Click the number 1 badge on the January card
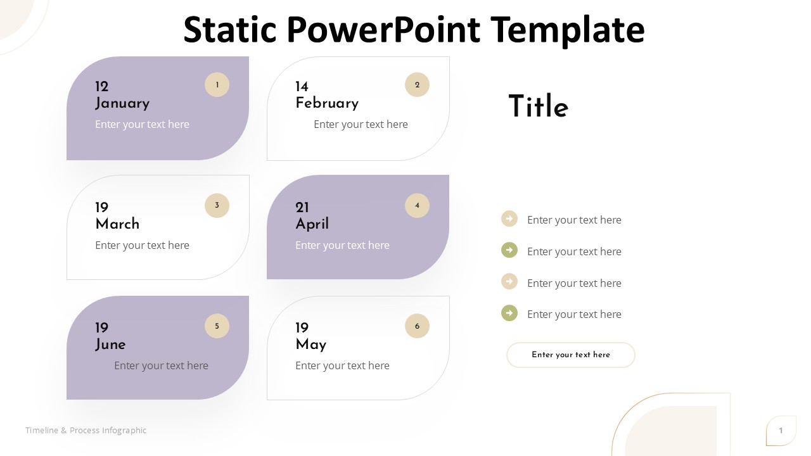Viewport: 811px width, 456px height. click(x=217, y=85)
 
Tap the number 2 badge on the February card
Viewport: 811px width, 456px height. click(x=417, y=85)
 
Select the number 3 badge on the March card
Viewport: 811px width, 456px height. click(x=217, y=205)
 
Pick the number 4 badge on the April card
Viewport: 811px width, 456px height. click(x=417, y=205)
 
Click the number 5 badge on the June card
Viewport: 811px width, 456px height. click(x=217, y=326)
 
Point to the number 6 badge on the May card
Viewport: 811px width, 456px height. click(x=417, y=326)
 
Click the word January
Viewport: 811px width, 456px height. click(x=122, y=103)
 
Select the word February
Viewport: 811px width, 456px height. click(x=327, y=103)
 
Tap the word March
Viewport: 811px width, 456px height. click(x=117, y=224)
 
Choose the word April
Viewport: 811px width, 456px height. click(x=312, y=224)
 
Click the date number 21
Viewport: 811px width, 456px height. click(x=302, y=207)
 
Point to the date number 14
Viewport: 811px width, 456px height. click(x=302, y=87)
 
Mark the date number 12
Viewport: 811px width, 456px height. click(x=102, y=87)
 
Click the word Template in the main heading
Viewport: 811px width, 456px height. click(x=567, y=30)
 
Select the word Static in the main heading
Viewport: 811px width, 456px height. click(x=230, y=29)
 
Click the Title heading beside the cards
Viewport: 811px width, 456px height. click(x=539, y=106)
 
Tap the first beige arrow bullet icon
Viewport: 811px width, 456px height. click(x=509, y=218)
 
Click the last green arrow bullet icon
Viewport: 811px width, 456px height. click(x=509, y=313)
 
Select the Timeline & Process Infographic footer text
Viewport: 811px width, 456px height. click(x=86, y=430)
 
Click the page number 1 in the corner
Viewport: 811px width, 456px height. click(x=781, y=430)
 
